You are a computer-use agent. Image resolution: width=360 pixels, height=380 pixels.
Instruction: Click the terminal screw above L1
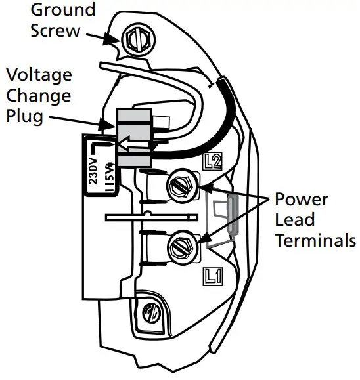tap(183, 247)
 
